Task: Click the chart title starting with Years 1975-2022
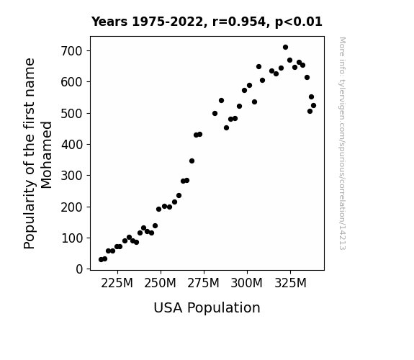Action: (x=207, y=22)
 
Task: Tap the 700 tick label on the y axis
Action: (x=71, y=50)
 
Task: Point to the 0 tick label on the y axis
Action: (x=79, y=269)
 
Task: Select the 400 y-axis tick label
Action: (x=71, y=144)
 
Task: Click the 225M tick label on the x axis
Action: (x=117, y=283)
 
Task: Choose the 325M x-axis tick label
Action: (x=290, y=283)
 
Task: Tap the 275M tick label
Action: (x=203, y=283)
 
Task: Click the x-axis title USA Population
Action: (x=207, y=307)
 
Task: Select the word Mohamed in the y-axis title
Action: (x=47, y=155)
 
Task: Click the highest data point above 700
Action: (x=285, y=48)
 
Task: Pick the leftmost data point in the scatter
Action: (x=101, y=260)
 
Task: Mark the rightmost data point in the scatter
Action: (x=313, y=106)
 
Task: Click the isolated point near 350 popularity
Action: (x=192, y=161)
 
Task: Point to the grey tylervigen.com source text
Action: (x=342, y=143)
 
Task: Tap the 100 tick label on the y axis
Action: (x=71, y=238)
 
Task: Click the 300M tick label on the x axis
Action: (x=247, y=283)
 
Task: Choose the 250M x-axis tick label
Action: (x=160, y=283)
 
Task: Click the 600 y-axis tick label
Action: (x=71, y=82)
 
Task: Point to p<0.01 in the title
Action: (x=299, y=22)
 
